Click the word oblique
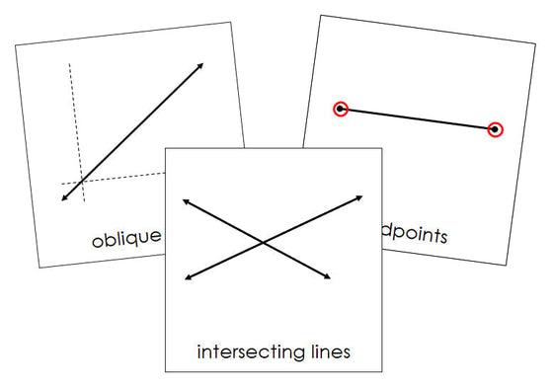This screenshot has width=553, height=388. tap(125, 239)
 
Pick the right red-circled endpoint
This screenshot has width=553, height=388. tap(495, 128)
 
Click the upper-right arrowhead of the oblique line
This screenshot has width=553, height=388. tap(201, 65)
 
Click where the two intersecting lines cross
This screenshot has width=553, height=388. tap(262, 242)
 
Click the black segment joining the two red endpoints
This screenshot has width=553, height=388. tap(418, 118)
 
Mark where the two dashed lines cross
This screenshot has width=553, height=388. tap(79, 183)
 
